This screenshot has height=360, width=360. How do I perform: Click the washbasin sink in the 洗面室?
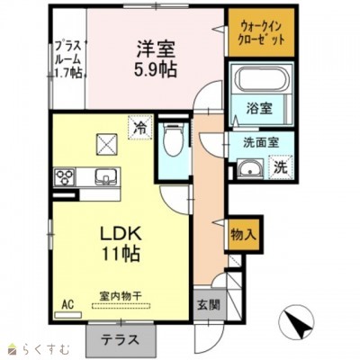coord(252,168)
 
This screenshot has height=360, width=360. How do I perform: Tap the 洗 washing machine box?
coord(281,166)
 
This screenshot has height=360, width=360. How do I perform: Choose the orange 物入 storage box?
coord(244,234)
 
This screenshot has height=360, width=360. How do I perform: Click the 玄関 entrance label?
coord(206,303)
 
